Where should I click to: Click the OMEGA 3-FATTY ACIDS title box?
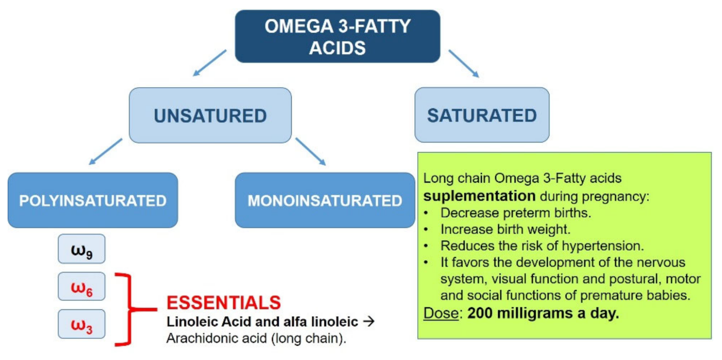tap(337, 37)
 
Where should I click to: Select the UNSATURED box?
tap(210, 116)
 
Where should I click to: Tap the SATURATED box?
tap(482, 116)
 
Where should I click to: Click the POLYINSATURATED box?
tap(93, 200)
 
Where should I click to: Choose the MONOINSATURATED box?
tap(325, 200)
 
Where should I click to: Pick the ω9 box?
tap(81, 249)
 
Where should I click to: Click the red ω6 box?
tap(81, 287)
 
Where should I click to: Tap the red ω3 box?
tap(81, 324)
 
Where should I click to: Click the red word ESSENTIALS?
tap(223, 303)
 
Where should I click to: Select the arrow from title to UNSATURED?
tap(210, 63)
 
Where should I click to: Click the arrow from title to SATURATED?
tap(464, 63)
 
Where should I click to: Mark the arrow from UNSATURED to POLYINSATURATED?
tap(105, 152)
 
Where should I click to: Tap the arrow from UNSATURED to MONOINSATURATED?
tap(310, 152)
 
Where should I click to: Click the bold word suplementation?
tap(479, 196)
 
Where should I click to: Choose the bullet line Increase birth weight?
tap(505, 230)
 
